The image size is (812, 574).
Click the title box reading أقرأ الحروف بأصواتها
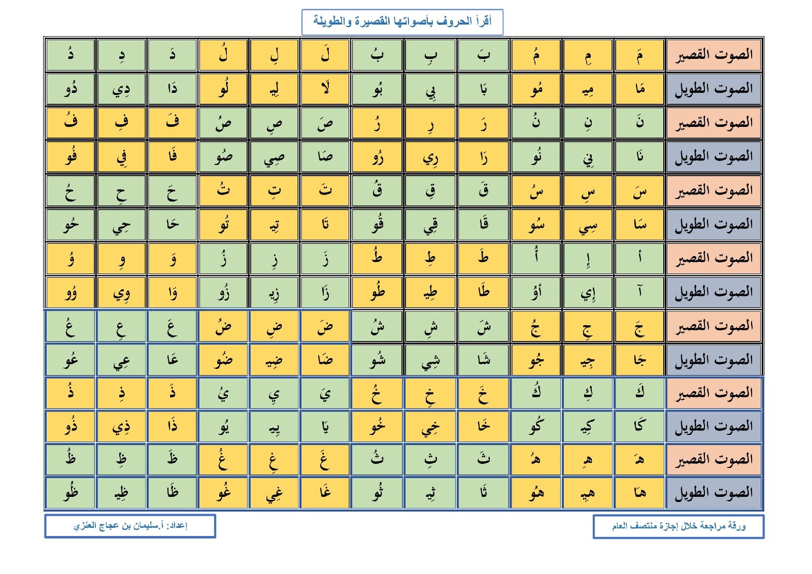402,22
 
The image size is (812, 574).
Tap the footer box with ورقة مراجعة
678,526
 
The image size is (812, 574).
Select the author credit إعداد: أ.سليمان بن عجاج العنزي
130,526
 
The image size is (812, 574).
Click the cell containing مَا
639,89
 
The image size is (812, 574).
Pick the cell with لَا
325,89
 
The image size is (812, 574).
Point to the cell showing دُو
71,89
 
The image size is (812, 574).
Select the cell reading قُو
377,224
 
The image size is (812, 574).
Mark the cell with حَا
172,224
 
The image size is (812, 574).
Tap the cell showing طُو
377,292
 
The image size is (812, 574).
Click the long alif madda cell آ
639,292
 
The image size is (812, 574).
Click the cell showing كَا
639,426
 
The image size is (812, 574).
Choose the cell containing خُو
377,426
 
